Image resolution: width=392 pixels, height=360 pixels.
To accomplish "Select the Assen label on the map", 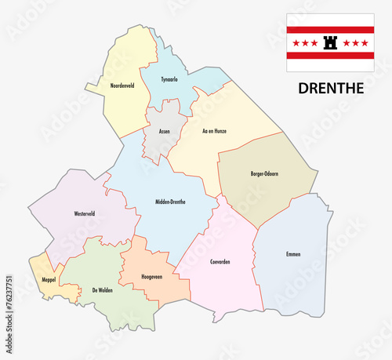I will coord(164,131).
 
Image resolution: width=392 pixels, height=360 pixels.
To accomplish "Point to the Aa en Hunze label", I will coord(214,131).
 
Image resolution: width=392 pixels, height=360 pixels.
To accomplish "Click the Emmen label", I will coord(293,254).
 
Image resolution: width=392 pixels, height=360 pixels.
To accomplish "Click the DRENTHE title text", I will coord(331,88).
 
